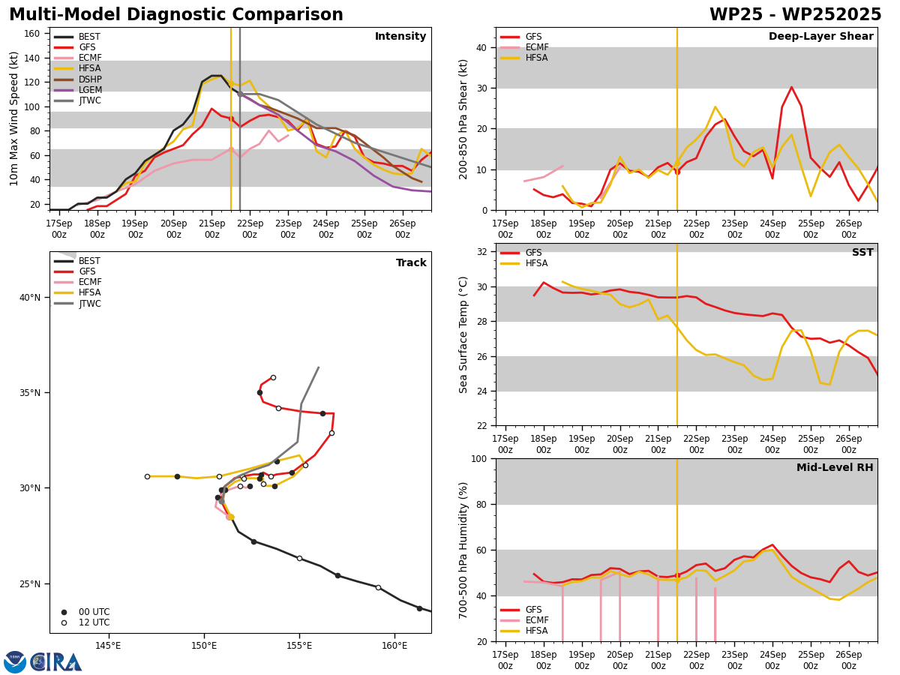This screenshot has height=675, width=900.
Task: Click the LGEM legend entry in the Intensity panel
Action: pos(78,90)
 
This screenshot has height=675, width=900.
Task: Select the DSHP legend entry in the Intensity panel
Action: pos(78,79)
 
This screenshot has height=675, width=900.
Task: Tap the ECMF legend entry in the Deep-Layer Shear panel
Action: pos(524,47)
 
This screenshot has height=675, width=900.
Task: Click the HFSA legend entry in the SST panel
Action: pos(523,263)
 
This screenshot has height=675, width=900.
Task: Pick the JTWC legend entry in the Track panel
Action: pos(77,304)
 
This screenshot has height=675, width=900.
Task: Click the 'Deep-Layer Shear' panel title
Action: pos(820,36)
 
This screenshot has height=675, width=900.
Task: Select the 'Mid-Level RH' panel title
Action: pos(835,467)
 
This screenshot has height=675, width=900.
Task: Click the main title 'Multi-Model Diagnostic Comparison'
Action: pos(176,15)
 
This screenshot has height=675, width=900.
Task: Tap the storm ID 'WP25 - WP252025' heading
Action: pos(796,15)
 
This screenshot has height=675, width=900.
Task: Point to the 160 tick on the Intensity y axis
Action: pos(31,34)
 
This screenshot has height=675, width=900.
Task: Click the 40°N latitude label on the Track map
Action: pos(30,298)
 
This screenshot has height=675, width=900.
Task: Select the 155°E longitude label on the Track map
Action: pos(299,646)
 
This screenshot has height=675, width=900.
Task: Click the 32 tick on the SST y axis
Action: pos(482,252)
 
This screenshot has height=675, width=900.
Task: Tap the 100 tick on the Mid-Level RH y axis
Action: pos(480,458)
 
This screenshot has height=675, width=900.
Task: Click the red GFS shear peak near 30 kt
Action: pos(791,87)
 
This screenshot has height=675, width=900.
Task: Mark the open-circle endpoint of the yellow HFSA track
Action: pos(147,477)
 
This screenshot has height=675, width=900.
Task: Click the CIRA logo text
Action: pos(55,662)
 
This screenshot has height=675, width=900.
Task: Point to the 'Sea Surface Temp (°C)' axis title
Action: pos(463,335)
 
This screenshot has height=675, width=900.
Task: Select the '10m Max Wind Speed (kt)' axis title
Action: pos(13,118)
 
